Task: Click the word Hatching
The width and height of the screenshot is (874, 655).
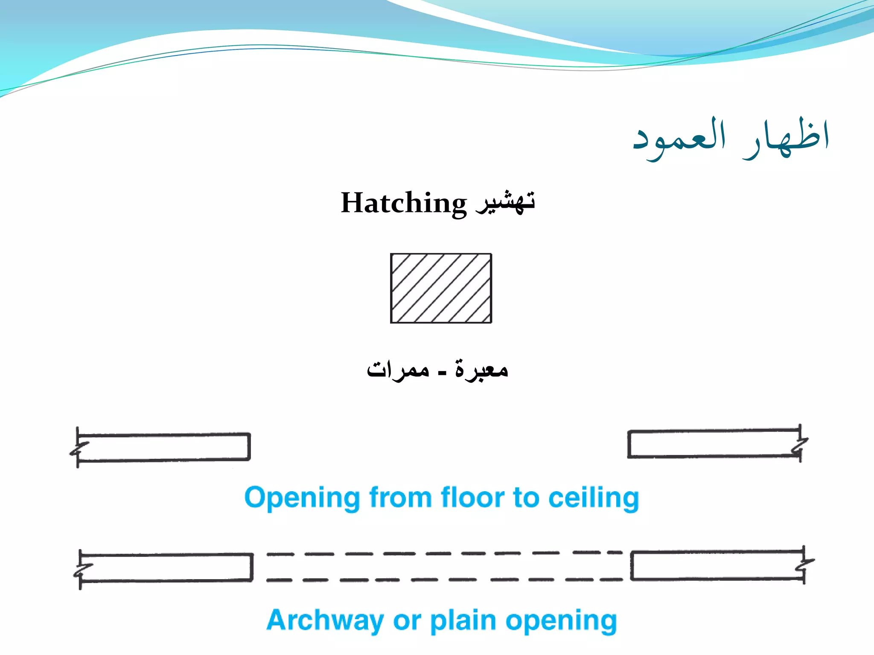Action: (403, 203)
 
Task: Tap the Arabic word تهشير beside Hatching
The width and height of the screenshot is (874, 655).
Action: (506, 202)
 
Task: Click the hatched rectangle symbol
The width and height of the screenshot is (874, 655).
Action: (441, 288)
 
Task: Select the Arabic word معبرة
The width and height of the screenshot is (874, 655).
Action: (481, 369)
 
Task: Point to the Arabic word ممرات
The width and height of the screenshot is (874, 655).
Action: (398, 369)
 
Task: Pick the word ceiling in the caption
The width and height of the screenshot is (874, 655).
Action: (593, 498)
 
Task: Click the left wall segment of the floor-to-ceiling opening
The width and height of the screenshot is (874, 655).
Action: (164, 447)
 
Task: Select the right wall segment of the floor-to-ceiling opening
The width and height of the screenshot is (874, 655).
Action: (713, 444)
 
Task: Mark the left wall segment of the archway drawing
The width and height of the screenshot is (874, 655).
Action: (166, 568)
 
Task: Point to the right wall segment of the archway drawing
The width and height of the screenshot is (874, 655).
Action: (717, 566)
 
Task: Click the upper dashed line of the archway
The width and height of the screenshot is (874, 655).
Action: (444, 554)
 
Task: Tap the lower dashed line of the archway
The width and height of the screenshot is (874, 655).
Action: (444, 580)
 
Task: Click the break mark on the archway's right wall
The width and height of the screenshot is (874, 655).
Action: (806, 565)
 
